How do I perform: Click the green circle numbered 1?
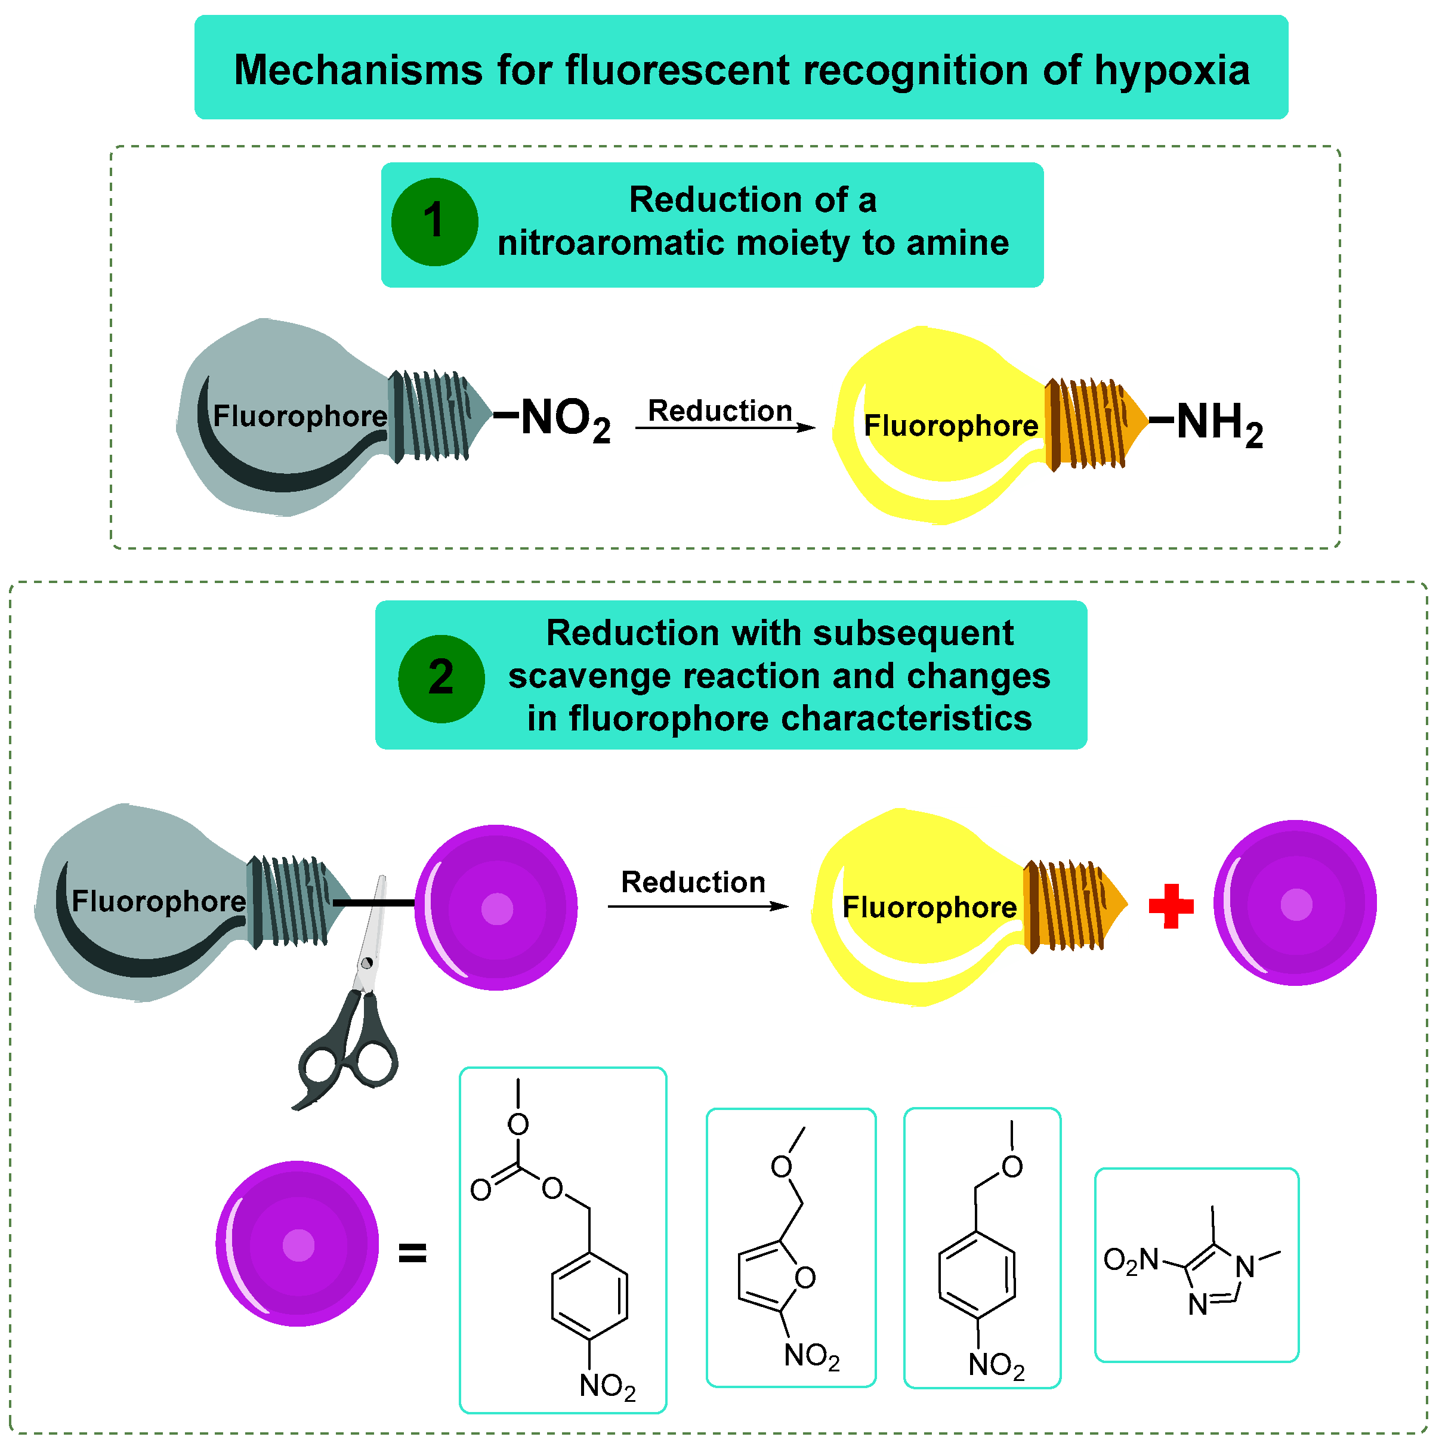click(x=434, y=222)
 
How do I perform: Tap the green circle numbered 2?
click(x=441, y=678)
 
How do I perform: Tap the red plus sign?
click(x=1171, y=905)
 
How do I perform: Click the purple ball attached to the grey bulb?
click(x=496, y=908)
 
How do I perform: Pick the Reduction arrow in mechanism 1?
click(x=724, y=427)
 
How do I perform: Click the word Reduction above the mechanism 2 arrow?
click(x=693, y=882)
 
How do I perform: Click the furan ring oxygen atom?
click(x=805, y=1277)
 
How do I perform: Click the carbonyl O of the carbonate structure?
click(x=480, y=1189)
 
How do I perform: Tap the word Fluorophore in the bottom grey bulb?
click(x=158, y=901)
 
